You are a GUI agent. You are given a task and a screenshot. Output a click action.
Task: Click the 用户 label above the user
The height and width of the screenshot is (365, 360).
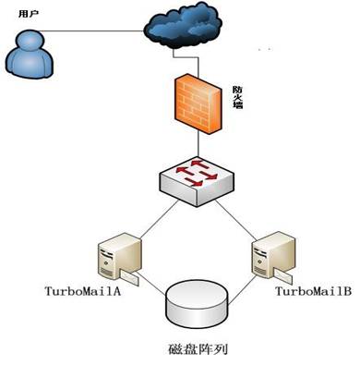(x=29, y=14)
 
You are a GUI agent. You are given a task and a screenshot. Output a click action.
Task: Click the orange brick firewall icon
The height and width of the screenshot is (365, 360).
(x=198, y=103)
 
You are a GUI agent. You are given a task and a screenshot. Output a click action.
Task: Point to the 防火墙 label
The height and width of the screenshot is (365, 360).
(x=237, y=97)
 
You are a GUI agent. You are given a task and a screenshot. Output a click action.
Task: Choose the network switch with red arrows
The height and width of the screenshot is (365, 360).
(x=197, y=181)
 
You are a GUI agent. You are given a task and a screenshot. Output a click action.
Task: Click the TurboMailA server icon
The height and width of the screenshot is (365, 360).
(x=119, y=260)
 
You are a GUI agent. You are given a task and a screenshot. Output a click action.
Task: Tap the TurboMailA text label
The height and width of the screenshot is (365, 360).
(x=83, y=291)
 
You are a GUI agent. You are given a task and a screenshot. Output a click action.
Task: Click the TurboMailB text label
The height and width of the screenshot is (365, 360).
(x=313, y=291)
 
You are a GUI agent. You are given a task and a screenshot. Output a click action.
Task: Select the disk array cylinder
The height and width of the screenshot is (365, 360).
(x=197, y=302)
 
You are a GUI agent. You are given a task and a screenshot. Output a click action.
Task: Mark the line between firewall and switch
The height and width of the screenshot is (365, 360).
(x=198, y=145)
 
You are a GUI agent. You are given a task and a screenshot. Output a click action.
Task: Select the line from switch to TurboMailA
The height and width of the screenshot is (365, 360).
(x=159, y=219)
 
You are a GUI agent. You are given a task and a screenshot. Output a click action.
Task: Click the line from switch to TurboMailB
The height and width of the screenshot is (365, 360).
(x=236, y=220)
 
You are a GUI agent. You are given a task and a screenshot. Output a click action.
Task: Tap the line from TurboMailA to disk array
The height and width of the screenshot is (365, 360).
(x=151, y=286)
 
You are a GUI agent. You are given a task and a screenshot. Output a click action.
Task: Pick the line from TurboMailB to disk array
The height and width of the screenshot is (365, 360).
(x=242, y=288)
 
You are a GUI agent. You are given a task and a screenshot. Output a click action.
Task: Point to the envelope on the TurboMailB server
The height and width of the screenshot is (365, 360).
(x=283, y=276)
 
